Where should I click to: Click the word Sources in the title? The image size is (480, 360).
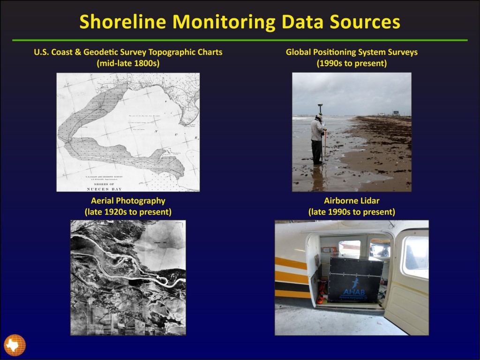point(360,22)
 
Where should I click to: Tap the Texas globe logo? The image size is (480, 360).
point(15,345)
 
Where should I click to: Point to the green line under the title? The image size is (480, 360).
point(240,40)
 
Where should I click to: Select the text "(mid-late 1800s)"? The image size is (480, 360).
point(128,63)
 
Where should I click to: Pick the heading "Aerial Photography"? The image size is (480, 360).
point(128,201)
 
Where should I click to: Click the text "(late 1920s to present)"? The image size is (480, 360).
point(128,212)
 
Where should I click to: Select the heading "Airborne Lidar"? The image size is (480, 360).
point(352,201)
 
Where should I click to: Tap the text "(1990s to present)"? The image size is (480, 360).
point(352,63)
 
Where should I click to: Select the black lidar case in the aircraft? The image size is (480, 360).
point(355,279)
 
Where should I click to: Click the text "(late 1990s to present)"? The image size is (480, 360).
point(352,212)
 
